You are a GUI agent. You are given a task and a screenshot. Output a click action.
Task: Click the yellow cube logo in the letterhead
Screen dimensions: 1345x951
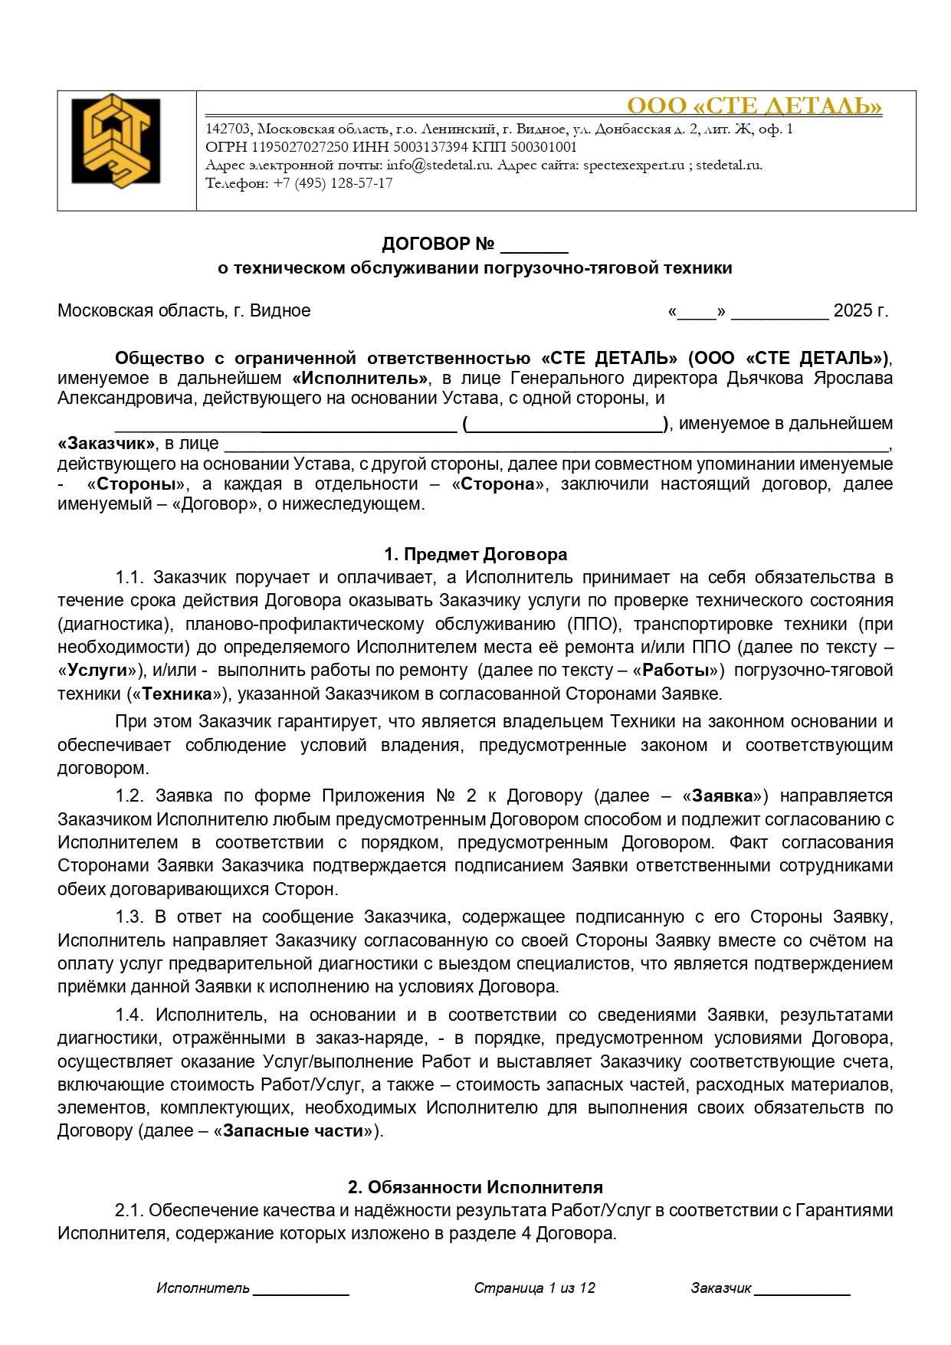click(116, 142)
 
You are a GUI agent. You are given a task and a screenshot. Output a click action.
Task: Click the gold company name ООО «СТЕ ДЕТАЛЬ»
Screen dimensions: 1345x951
click(754, 106)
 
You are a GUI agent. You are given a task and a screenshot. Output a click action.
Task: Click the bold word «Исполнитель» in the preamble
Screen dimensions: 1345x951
click(360, 379)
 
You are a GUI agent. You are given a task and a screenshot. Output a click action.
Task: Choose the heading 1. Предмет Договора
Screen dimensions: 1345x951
click(475, 555)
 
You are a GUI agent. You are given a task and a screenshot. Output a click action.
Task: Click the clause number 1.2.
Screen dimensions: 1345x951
click(130, 796)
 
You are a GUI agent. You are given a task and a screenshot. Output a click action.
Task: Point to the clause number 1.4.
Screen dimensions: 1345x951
click(130, 1015)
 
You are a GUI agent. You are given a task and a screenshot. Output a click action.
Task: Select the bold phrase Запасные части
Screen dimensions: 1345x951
click(292, 1131)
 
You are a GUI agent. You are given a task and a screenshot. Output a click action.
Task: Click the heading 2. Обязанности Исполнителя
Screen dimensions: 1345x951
click(475, 1188)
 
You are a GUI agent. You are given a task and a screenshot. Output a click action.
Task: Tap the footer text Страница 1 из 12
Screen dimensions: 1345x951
click(534, 1288)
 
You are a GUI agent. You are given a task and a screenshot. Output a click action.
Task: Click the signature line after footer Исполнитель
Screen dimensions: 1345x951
click(301, 1291)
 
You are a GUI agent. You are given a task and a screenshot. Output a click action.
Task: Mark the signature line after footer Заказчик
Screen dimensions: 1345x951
click(802, 1291)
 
